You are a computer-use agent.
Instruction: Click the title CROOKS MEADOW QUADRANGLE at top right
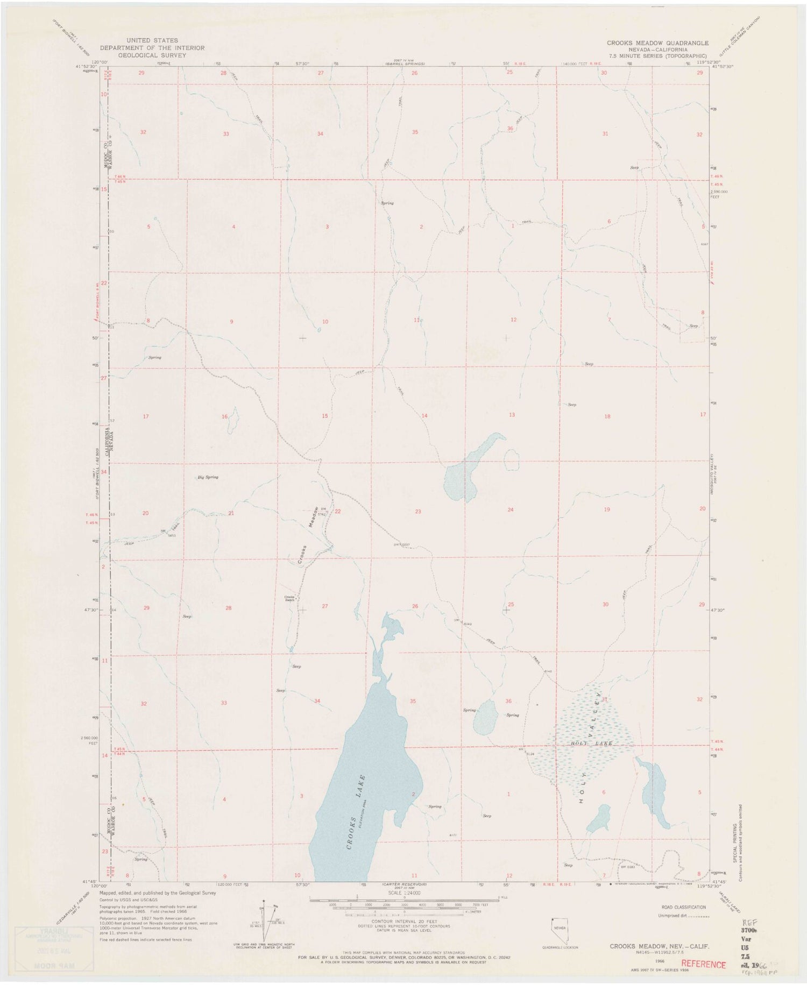click(x=657, y=43)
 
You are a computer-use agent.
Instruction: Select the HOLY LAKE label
click(x=589, y=743)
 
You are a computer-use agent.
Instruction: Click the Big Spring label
click(x=208, y=477)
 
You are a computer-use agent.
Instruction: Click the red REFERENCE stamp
click(x=703, y=965)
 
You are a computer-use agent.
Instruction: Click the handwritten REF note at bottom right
click(x=749, y=922)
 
